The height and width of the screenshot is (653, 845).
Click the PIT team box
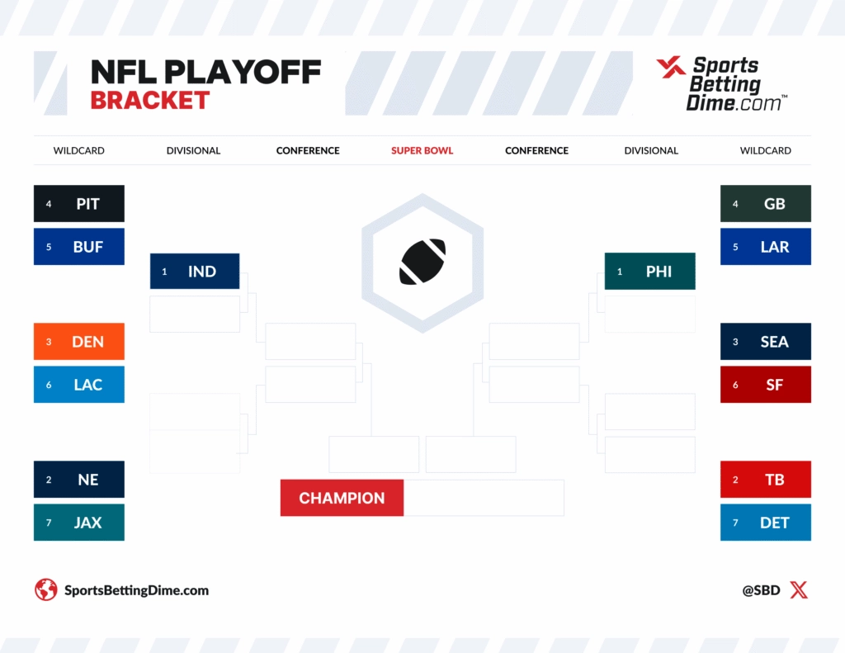point(79,204)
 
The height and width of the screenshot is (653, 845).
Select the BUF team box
point(79,247)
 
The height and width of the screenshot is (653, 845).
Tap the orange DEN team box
point(79,342)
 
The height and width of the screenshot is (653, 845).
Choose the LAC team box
point(79,385)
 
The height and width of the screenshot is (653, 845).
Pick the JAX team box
point(79,523)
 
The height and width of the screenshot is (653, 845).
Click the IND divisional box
point(195,272)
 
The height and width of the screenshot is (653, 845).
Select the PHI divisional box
point(650,272)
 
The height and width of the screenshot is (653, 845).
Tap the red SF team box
point(766,385)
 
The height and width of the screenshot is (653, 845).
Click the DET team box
point(766,523)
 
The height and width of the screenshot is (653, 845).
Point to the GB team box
point(766,204)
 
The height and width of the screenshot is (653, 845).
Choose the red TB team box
point(766,480)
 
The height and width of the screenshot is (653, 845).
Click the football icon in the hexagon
point(422,262)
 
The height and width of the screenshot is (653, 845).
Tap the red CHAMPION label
point(342,498)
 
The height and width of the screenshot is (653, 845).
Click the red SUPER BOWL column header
point(422,151)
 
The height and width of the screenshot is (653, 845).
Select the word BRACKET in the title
point(150,101)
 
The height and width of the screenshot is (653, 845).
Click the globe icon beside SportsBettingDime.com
point(45,590)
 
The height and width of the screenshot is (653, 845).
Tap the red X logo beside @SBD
point(798,590)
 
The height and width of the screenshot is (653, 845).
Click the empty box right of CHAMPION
point(484,498)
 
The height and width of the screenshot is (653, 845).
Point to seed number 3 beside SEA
point(735,342)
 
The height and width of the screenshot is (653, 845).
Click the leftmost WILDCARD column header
point(79,151)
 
